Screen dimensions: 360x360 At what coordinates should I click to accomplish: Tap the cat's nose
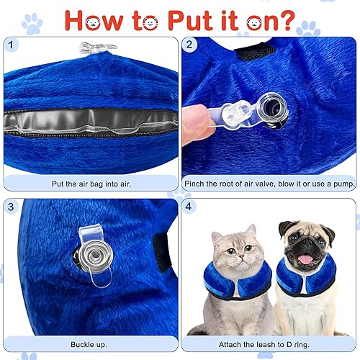pos(230,255)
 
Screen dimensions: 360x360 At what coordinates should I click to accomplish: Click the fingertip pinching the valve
pos(194,117)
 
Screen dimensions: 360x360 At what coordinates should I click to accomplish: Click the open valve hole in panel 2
pos(274,110)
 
